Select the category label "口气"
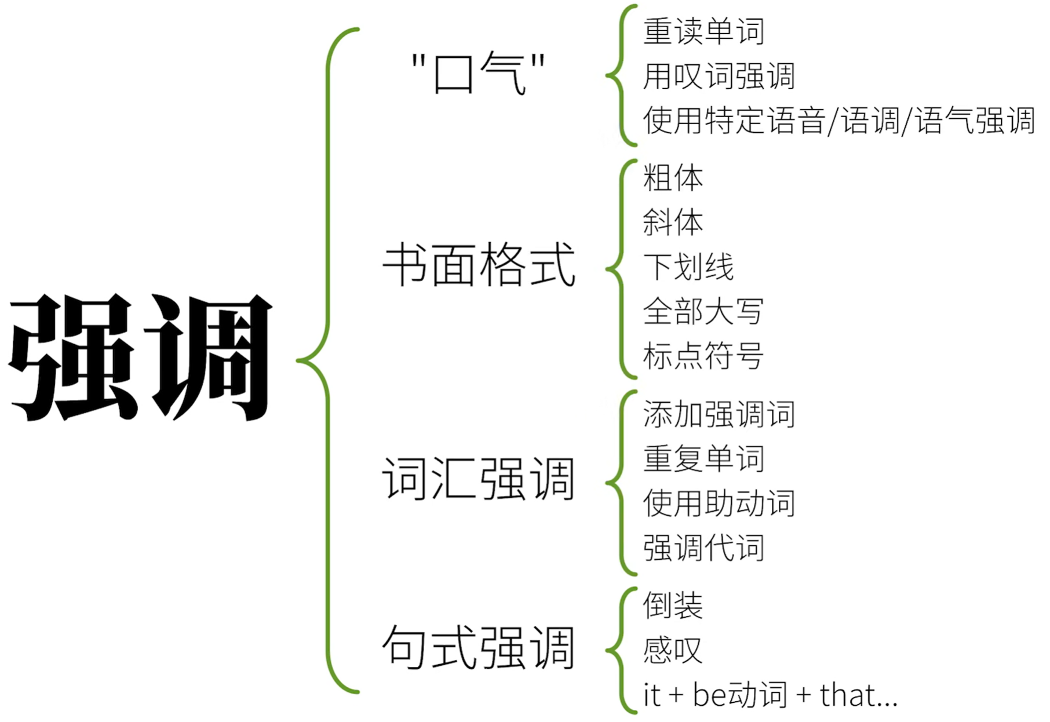click(478, 74)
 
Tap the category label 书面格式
click(479, 265)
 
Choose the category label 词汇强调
click(479, 479)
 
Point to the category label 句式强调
click(479, 647)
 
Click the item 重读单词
click(703, 31)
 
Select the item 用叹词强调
click(719, 76)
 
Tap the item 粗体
click(673, 178)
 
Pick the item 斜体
click(673, 223)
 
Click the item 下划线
click(688, 267)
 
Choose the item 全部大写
click(703, 311)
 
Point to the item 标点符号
click(703, 356)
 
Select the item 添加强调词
click(719, 414)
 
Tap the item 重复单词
click(703, 459)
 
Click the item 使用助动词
click(719, 503)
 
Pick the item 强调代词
click(703, 548)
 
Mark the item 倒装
click(673, 606)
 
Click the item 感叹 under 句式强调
click(673, 650)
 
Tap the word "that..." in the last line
click(858, 695)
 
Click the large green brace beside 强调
click(328, 360)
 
